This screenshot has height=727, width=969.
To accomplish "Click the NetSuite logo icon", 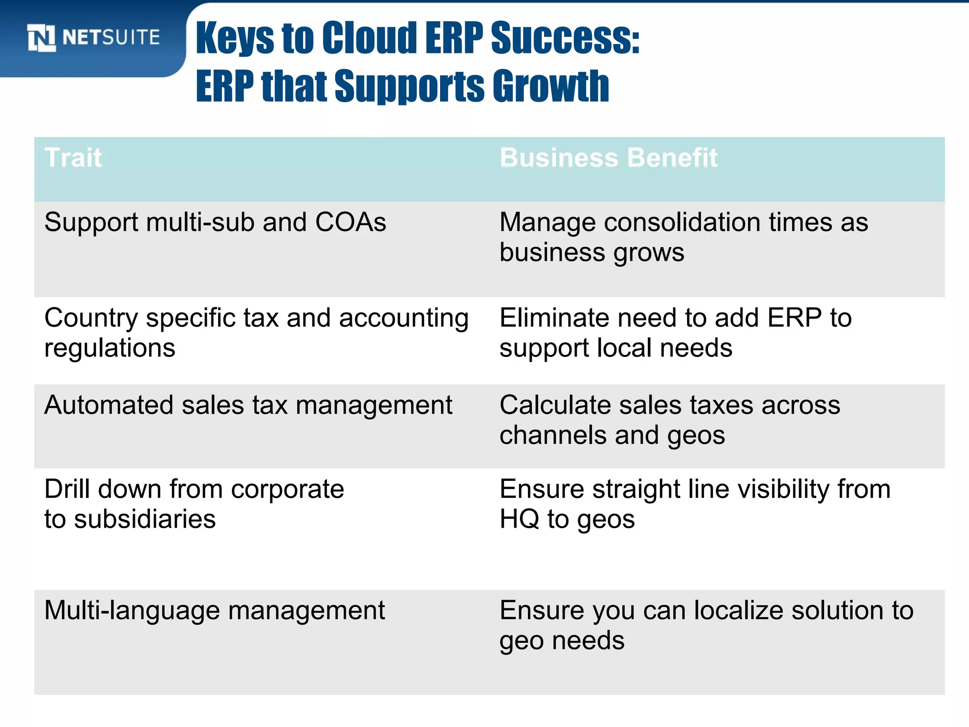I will click(42, 37).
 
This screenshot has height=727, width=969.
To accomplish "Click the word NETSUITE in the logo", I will click(111, 37).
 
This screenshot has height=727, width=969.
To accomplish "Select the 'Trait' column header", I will click(73, 158).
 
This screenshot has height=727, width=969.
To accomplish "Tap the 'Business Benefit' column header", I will click(608, 158).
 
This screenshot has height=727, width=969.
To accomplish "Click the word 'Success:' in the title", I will click(565, 38).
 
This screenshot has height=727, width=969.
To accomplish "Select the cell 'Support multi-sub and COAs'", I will click(215, 222).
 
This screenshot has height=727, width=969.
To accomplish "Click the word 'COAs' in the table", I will click(351, 222).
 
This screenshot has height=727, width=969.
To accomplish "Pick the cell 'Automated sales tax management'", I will click(248, 405).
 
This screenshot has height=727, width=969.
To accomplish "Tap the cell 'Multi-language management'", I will click(214, 611).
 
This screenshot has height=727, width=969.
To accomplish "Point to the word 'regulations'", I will click(110, 348).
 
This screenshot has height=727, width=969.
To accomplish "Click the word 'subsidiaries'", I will click(145, 519).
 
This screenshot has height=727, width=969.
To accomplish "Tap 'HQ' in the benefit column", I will click(519, 519).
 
